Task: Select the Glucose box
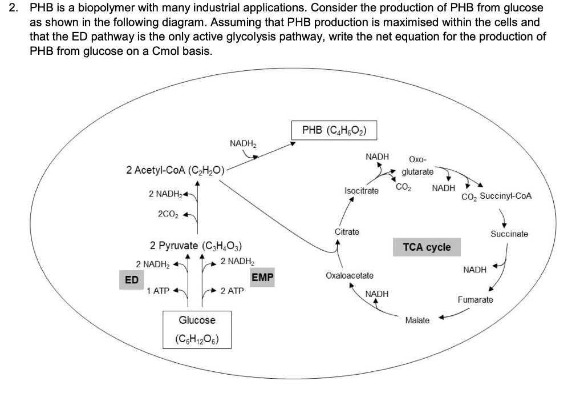197,329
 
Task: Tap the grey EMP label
262,278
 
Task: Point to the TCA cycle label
427,247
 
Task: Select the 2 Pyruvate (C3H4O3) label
196,246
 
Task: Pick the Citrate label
347,232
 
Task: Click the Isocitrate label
362,190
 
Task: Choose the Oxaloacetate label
350,275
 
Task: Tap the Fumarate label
476,299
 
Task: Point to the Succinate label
509,234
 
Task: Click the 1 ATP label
157,291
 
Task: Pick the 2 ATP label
232,291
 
